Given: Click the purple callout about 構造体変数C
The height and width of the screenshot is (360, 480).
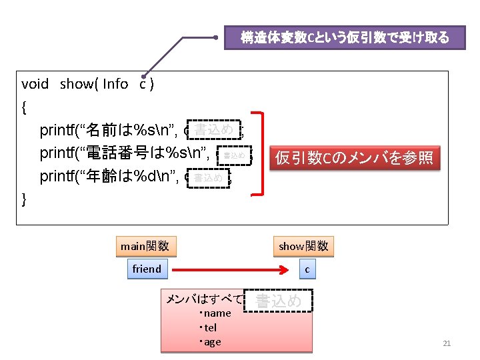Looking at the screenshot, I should tap(345, 38).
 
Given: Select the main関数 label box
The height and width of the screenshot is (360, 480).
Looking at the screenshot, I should tap(144, 246).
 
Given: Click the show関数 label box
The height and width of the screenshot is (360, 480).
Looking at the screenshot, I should tap(303, 246).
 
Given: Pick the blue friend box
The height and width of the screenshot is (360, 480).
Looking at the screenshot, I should tap(147, 269).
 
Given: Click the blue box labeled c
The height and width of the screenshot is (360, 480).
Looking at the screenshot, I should tap(307, 269).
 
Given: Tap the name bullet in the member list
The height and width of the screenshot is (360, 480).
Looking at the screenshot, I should tap(215, 313).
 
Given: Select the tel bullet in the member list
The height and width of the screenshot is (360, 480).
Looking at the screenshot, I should tap(209, 327).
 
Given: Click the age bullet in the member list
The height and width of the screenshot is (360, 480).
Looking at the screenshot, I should tap(211, 342).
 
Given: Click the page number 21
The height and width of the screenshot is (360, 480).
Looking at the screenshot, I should tap(447, 343).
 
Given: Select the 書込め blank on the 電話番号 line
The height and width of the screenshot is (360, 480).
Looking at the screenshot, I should tap(235, 155).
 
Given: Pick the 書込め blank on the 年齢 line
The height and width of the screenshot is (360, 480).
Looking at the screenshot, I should tap(209, 178).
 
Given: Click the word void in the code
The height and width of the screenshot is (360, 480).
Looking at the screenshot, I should tap(35, 84).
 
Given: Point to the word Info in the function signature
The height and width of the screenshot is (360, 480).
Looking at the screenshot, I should tap(115, 84).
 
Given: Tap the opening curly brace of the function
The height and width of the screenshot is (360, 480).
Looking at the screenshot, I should tap(25, 106).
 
